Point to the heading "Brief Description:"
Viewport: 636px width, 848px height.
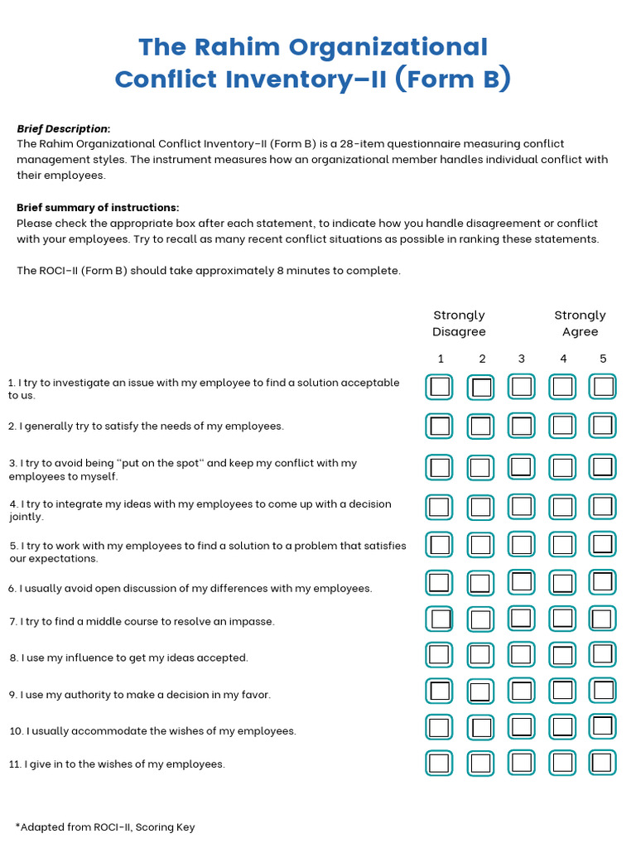click(64, 128)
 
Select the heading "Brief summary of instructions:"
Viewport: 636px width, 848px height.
click(98, 207)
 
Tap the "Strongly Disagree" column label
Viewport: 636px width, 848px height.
click(459, 323)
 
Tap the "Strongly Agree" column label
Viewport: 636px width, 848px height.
click(580, 323)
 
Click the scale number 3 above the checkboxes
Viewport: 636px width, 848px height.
click(522, 359)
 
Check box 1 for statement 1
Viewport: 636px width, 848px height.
click(440, 387)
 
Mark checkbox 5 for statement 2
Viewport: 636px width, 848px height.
click(603, 426)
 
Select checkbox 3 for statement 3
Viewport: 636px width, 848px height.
click(521, 467)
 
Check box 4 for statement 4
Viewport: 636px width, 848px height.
click(562, 507)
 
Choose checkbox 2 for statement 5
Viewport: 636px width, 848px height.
click(480, 545)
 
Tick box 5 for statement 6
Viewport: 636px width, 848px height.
click(603, 582)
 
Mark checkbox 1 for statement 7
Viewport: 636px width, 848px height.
click(440, 619)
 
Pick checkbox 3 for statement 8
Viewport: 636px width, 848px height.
click(521, 655)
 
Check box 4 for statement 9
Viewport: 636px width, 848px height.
click(562, 691)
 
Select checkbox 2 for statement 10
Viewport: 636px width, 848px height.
click(480, 727)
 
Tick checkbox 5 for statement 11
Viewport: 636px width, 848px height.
click(603, 763)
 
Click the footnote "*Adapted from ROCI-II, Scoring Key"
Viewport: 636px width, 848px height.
click(105, 826)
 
